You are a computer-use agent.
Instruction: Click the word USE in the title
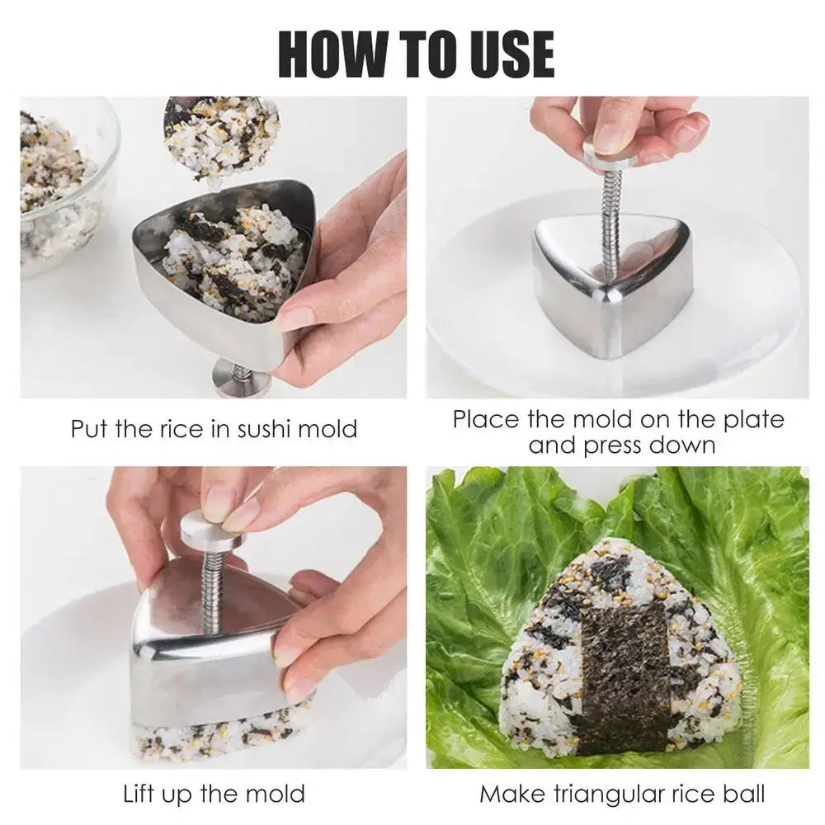[509, 54]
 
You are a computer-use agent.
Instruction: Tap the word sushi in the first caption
[264, 429]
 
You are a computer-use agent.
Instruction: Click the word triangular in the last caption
[596, 794]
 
